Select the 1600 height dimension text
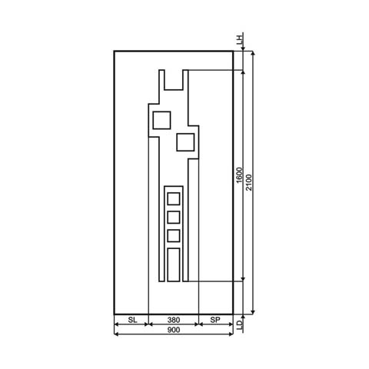pos(240,176)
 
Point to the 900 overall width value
pos(173,330)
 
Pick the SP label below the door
pos(215,319)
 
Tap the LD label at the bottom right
pos(241,326)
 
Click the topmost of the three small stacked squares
pos(174,199)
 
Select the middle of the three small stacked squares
pos(174,218)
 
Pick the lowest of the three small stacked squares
pos(174,236)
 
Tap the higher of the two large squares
pos(161,120)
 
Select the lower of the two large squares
pos(185,141)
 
